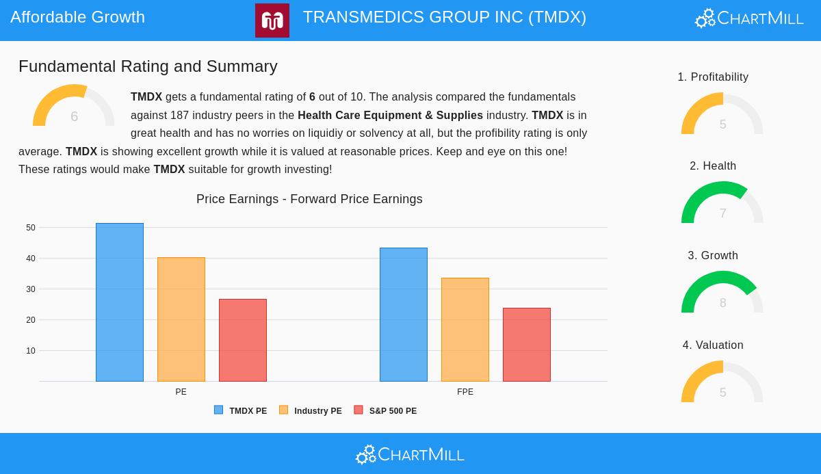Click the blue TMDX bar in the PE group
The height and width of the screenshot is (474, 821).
pyautogui.click(x=120, y=302)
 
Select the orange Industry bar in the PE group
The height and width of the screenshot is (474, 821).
pyautogui.click(x=181, y=319)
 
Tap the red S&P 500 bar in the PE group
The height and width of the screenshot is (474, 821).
pyautogui.click(x=243, y=340)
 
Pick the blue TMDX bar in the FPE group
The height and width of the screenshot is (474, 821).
pyautogui.click(x=404, y=315)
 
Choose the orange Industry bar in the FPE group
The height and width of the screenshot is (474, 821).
pyautogui.click(x=465, y=330)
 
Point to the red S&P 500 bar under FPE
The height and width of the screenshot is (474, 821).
pyautogui.click(x=527, y=345)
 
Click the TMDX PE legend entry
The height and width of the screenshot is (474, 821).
pyautogui.click(x=241, y=411)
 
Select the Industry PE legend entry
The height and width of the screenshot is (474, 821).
pyautogui.click(x=311, y=411)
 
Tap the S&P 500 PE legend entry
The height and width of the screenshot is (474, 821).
pyautogui.click(x=385, y=411)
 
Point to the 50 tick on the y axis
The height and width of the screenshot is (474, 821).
pyautogui.click(x=31, y=228)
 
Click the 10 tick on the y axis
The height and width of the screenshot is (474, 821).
pyautogui.click(x=31, y=351)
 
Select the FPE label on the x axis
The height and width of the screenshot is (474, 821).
pyautogui.click(x=465, y=392)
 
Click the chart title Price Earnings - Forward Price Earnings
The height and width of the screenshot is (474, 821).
pyautogui.click(x=309, y=199)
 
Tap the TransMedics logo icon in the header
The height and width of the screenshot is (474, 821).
pyautogui.click(x=272, y=21)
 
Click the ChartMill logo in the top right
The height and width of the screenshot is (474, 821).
pyautogui.click(x=749, y=18)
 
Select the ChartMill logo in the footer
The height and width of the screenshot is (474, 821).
pyautogui.click(x=410, y=454)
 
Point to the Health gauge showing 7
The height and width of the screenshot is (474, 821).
pyautogui.click(x=722, y=202)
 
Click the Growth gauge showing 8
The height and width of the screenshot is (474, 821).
pyautogui.click(x=722, y=292)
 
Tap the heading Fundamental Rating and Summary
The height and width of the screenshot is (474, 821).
pyautogui.click(x=148, y=66)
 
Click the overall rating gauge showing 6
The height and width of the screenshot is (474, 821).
pyautogui.click(x=74, y=106)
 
